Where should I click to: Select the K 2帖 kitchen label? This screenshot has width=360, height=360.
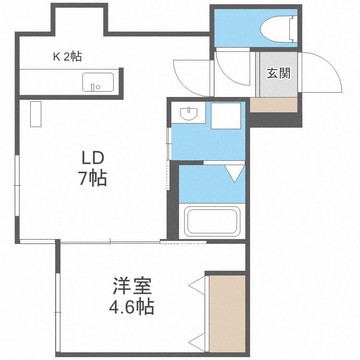coord(67,57)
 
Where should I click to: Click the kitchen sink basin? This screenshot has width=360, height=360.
coord(98,82)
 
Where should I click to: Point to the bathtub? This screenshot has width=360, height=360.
coord(213,221)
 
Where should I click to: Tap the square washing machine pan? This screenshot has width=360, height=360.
coord(226,116)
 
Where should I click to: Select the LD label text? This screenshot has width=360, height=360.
coord(93,158)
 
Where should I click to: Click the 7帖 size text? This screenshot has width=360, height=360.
coord(93,179)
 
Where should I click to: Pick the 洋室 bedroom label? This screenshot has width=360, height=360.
coord(132,287)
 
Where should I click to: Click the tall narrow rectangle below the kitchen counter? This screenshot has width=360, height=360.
coord(36,114)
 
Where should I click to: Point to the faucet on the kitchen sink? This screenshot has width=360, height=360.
coord(94,87)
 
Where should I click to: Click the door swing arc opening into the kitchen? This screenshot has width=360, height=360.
coord(190,77)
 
